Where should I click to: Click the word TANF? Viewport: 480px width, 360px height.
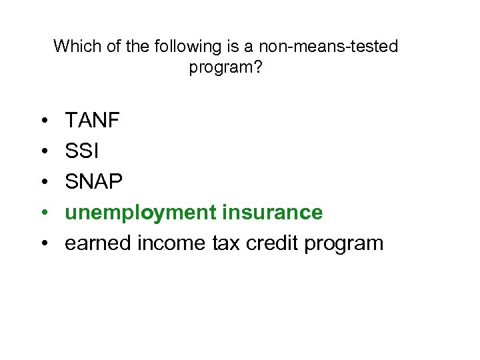click(92, 121)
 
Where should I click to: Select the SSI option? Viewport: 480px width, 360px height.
click(81, 151)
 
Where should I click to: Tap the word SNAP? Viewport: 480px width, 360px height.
click(94, 182)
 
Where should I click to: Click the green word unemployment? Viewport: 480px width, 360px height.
click(141, 213)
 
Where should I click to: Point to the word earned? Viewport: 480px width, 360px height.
click(98, 243)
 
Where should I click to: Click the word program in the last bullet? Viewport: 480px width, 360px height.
click(344, 244)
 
